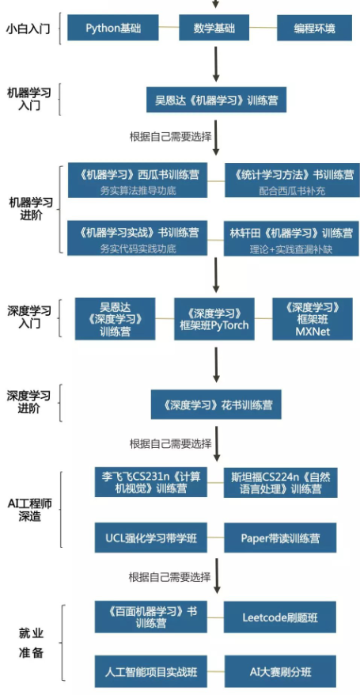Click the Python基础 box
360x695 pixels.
(113, 28)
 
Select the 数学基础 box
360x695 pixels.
(214, 28)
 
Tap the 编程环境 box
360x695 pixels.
(314, 28)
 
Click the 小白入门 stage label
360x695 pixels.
(28, 28)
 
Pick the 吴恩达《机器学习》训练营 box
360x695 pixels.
(217, 100)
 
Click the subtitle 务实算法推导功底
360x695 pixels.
(138, 192)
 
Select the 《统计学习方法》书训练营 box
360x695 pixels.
(292, 180)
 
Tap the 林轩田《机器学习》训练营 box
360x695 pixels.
(291, 238)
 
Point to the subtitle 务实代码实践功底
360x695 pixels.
(138, 249)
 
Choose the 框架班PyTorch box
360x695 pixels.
(214, 319)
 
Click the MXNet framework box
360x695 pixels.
(313, 319)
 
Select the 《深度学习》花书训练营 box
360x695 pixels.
(216, 404)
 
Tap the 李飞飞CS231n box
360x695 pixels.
(151, 482)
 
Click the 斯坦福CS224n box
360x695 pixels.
(280, 482)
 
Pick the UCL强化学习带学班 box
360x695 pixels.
(151, 538)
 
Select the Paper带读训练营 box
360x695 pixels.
(280, 538)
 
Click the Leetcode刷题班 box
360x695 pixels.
(280, 617)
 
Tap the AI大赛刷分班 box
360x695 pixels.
(281, 672)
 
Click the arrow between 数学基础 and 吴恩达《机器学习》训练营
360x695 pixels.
(216, 64)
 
